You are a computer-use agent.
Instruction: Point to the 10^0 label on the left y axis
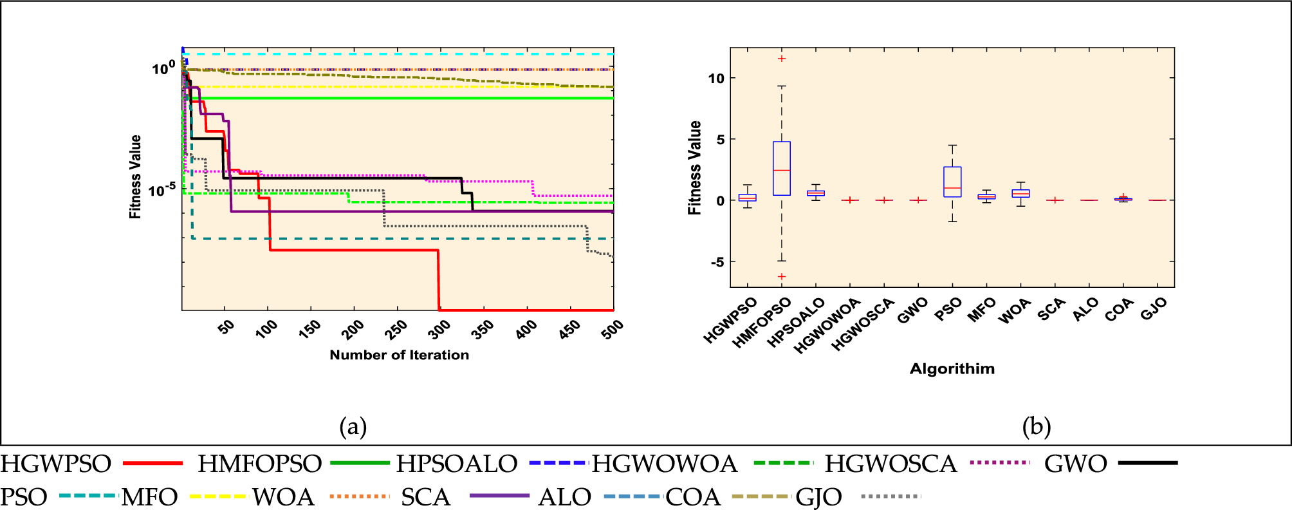pos(163,68)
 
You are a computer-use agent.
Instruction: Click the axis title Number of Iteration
pos(399,355)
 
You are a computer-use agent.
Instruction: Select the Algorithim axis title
pos(952,369)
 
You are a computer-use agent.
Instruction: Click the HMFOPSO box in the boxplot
pos(781,168)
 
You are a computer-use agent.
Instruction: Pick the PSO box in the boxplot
pos(952,182)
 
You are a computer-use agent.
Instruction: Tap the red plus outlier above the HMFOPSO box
pos(781,59)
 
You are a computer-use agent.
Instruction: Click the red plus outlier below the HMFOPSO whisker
pos(781,276)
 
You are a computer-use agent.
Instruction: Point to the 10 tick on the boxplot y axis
pos(716,78)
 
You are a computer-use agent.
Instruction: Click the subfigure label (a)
pos(353,426)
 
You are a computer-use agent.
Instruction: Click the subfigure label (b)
pos(1036,426)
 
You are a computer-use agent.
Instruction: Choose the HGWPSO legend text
pos(55,464)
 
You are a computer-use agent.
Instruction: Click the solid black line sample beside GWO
pos(1148,462)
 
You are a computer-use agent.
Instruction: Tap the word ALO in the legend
pos(564,497)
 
